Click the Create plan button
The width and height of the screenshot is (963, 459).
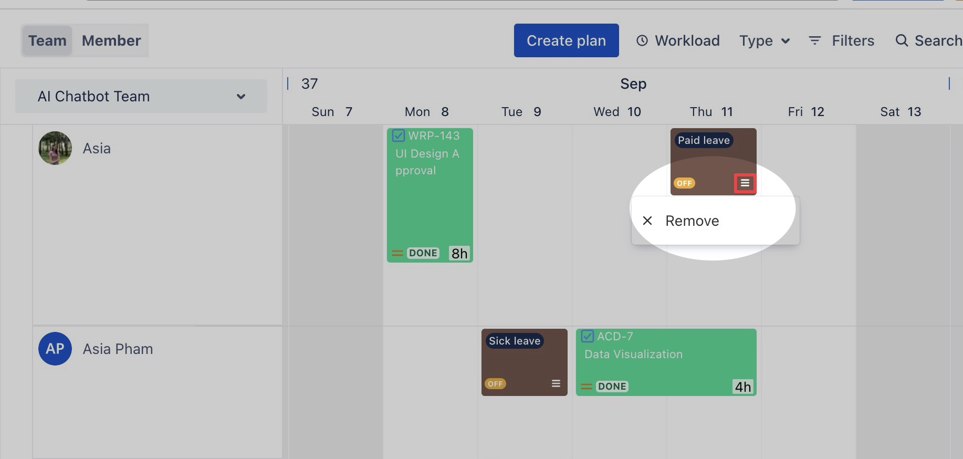pyautogui.click(x=566, y=40)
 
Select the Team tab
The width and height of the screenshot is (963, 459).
pyautogui.click(x=47, y=40)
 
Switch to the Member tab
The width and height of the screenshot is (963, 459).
pyautogui.click(x=111, y=40)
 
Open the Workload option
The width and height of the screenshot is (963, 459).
pyautogui.click(x=678, y=40)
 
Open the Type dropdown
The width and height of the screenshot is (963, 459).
pyautogui.click(x=765, y=40)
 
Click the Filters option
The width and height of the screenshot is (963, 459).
pyautogui.click(x=841, y=40)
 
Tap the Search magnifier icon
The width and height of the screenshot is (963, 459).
pyautogui.click(x=902, y=40)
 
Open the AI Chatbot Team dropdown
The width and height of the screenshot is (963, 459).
pyautogui.click(x=141, y=96)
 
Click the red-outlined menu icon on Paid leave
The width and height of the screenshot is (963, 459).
pyautogui.click(x=745, y=183)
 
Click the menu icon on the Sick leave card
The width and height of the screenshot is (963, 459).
pyautogui.click(x=556, y=383)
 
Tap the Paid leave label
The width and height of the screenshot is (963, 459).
pyautogui.click(x=704, y=140)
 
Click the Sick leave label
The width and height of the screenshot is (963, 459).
pyautogui.click(x=515, y=341)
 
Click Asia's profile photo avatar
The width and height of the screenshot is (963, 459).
pyautogui.click(x=55, y=148)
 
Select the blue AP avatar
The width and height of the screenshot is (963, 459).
pyautogui.click(x=55, y=349)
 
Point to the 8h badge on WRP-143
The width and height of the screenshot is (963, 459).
pyautogui.click(x=459, y=253)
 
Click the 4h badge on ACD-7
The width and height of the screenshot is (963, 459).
pyautogui.click(x=742, y=387)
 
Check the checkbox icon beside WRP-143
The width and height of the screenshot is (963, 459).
pyautogui.click(x=398, y=135)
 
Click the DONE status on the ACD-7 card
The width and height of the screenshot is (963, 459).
pyautogui.click(x=612, y=387)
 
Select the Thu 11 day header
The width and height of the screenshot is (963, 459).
pyautogui.click(x=711, y=112)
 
